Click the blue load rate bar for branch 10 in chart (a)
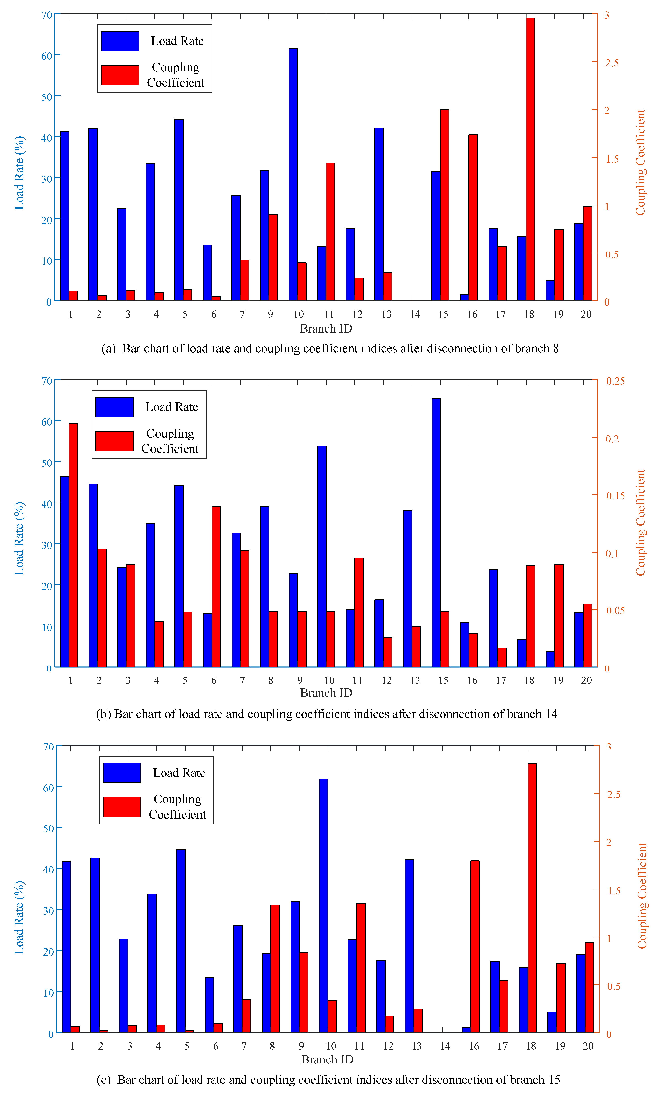[293, 175]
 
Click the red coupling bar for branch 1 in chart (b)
[73, 545]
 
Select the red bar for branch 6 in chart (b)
[216, 586]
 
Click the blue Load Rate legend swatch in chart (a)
[120, 41]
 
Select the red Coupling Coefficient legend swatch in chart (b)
[115, 441]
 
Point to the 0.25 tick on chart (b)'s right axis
[615, 381]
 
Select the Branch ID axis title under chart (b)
[326, 693]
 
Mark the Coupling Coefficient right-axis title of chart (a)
[641, 162]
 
